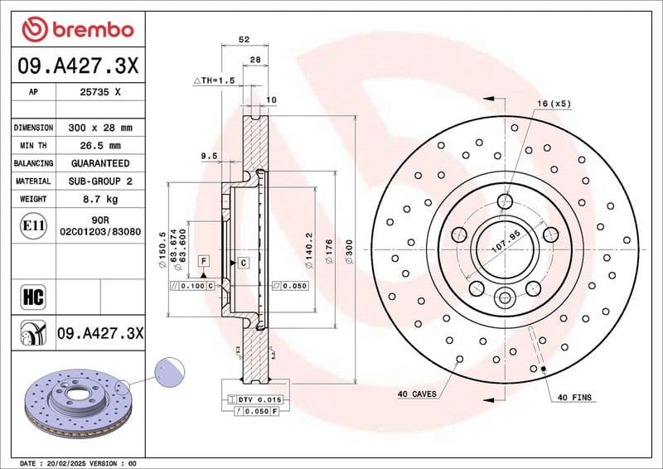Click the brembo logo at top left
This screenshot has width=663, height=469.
[x=77, y=29]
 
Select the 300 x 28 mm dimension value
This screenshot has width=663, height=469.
[x=99, y=128]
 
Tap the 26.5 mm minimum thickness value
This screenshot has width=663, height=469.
[x=99, y=146]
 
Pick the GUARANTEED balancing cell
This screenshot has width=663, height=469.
[x=99, y=163]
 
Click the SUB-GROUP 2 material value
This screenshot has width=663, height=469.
[x=99, y=181]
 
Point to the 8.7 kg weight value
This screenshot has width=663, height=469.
[x=99, y=199]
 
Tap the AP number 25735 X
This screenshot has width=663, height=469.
[x=99, y=93]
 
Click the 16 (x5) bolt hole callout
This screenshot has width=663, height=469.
[x=554, y=104]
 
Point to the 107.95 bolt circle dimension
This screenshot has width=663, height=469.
[x=506, y=245]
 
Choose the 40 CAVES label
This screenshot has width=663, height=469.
[x=416, y=393]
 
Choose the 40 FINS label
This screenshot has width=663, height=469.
[x=574, y=398]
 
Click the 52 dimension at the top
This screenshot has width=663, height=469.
[x=244, y=40]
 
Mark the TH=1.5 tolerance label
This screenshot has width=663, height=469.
[x=214, y=80]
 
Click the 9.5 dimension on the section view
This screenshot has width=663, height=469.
[x=208, y=155]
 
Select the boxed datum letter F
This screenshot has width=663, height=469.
[x=203, y=260]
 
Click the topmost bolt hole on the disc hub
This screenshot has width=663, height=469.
[x=506, y=200]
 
